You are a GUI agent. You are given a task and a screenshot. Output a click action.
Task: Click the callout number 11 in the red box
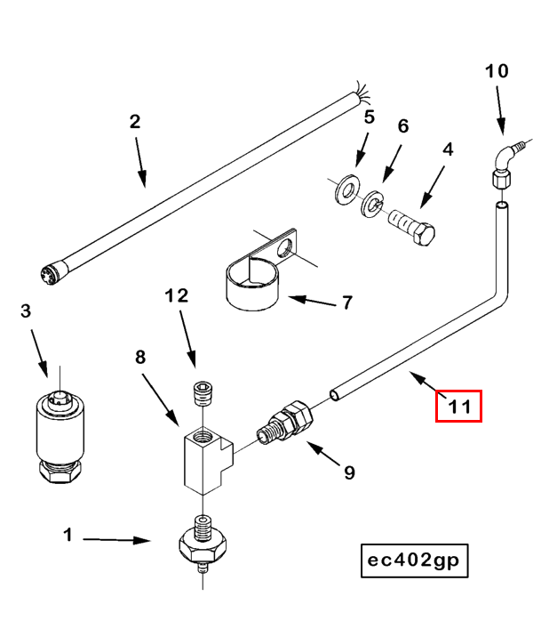click(x=457, y=407)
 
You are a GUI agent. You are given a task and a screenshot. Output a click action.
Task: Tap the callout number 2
click(x=135, y=122)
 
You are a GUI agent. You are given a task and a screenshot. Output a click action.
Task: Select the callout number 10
click(x=497, y=70)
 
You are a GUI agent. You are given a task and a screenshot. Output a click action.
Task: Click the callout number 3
click(x=26, y=310)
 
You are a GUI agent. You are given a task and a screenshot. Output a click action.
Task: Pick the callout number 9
click(x=349, y=472)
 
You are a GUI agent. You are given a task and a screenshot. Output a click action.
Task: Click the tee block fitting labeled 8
click(x=205, y=459)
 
